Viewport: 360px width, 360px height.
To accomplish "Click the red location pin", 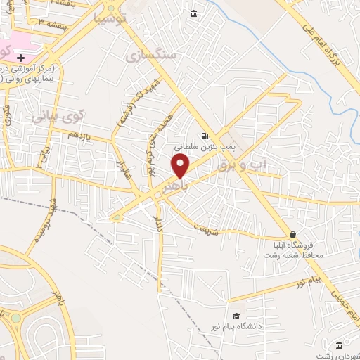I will [x=180, y=165].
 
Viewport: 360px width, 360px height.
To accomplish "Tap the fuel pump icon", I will [x=205, y=136].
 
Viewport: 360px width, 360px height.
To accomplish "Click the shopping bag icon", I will [x=292, y=235].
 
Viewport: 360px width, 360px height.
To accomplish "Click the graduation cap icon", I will [x=236, y=316].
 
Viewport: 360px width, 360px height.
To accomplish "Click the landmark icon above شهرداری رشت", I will [x=339, y=345].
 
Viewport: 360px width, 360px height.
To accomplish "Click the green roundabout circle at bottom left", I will [x=15, y=319].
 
